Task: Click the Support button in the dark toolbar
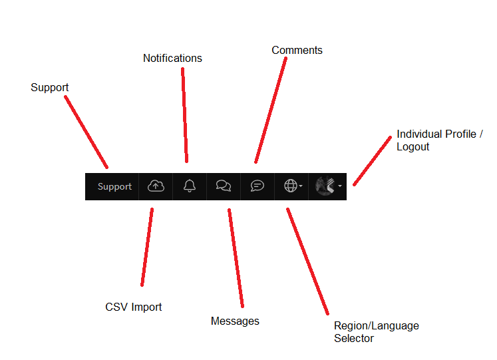pos(114,186)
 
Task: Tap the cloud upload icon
pos(156,186)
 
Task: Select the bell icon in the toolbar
pos(190,186)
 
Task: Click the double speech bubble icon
pos(224,186)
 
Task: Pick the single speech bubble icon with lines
pos(257,186)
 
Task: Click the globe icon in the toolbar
pos(291,186)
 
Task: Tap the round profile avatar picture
pos(325,186)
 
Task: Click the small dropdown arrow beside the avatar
pos(340,186)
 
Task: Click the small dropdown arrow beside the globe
pos(301,186)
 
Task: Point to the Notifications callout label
pos(172,59)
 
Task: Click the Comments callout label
pos(297,50)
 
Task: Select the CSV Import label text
pos(134,307)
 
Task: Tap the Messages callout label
pos(235,321)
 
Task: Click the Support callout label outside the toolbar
pos(50,87)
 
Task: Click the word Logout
pos(413,146)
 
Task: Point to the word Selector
pos(354,338)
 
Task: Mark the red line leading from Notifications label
pos(184,115)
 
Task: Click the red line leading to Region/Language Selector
pos(307,262)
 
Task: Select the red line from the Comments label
pos(271,110)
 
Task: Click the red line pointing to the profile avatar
pos(372,161)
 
